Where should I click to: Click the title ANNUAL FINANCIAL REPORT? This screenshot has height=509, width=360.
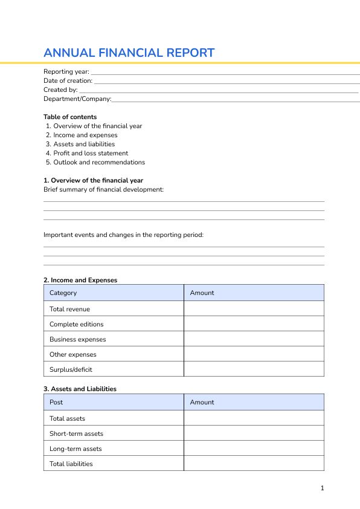tap(129, 53)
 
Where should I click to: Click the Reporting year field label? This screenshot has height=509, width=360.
tap(66, 72)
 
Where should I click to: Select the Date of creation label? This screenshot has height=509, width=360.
tap(68, 81)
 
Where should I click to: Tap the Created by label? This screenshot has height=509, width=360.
tap(60, 90)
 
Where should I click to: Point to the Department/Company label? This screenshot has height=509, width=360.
tap(77, 99)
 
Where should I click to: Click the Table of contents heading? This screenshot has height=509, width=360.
tap(70, 117)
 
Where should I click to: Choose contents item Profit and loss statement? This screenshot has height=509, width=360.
tap(91, 154)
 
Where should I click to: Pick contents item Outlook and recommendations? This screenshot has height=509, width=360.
tap(99, 163)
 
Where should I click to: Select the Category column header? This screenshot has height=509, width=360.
tap(63, 293)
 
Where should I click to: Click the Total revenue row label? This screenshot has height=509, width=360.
tap(69, 310)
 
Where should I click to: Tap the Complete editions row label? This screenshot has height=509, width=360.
tap(76, 325)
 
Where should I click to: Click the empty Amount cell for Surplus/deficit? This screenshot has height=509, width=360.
tap(254, 369)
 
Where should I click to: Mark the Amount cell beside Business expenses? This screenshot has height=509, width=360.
tap(254, 339)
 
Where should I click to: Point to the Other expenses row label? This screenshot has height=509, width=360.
tap(72, 355)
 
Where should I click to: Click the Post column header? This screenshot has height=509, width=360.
tap(56, 403)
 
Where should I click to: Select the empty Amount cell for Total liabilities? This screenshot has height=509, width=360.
tap(254, 464)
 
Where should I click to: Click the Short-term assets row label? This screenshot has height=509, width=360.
tap(76, 434)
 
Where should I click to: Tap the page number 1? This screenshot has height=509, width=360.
tap(323, 488)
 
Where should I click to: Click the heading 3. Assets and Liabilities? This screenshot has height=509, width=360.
tap(80, 389)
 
